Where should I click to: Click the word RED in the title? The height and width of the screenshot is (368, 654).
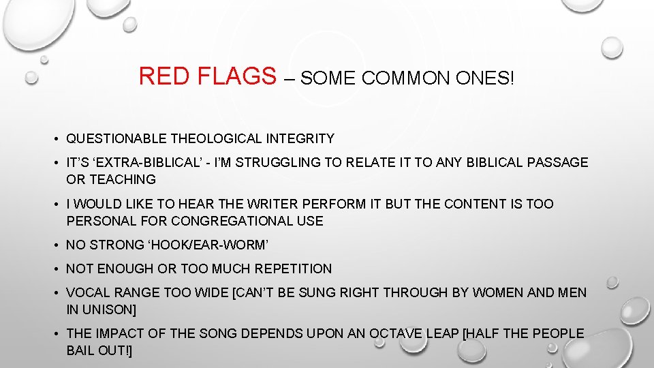point(161,76)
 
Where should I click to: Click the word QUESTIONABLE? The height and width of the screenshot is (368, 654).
point(116,139)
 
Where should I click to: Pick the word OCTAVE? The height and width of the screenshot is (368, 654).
point(394,333)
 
